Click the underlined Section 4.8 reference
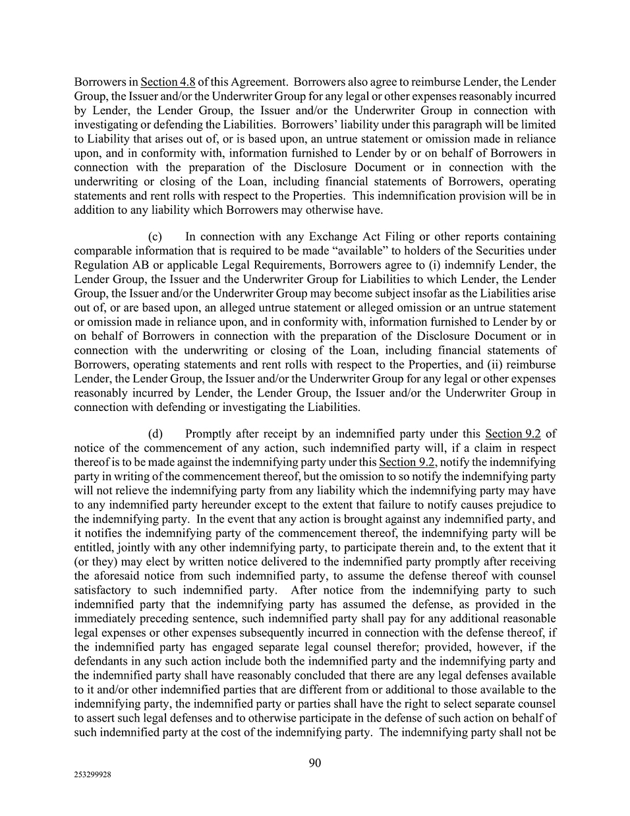[167, 82]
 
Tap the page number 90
[315, 763]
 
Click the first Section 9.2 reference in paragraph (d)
[513, 433]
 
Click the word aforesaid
[117, 576]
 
